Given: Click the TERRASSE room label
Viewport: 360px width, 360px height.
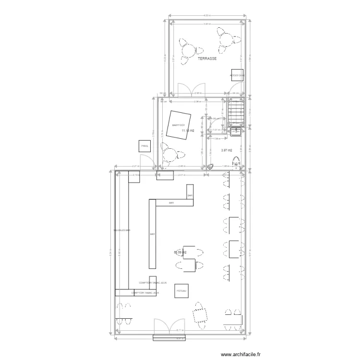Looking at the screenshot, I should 207,59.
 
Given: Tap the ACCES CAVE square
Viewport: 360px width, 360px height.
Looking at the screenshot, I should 237,76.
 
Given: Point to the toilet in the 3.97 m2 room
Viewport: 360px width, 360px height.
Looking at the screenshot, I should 236,163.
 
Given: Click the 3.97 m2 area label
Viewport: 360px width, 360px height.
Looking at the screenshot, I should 227,150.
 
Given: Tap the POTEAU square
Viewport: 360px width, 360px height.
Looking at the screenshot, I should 181,291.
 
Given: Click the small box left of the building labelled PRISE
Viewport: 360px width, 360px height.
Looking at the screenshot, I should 143,146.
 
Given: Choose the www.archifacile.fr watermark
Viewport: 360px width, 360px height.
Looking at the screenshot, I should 240,354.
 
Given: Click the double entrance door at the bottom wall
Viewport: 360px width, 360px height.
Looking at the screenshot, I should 168,326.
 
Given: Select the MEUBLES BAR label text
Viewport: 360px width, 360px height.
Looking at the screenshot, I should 122,230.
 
